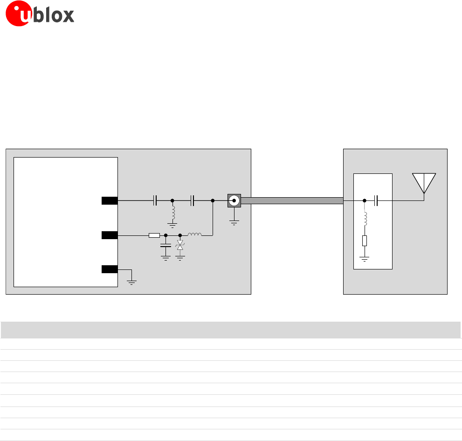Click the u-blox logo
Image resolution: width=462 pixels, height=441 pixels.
click(x=40, y=15)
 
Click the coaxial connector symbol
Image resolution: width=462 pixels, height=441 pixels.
click(x=234, y=201)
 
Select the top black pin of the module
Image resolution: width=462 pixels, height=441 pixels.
click(x=110, y=201)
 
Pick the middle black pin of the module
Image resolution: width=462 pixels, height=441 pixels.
click(x=110, y=235)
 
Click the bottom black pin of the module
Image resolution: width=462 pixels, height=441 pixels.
click(x=110, y=269)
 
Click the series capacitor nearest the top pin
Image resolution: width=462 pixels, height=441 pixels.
click(x=156, y=201)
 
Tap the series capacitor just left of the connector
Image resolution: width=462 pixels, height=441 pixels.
click(x=192, y=201)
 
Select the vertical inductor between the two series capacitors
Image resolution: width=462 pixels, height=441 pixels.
click(x=172, y=214)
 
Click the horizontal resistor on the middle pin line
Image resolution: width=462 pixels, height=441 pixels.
click(x=154, y=235)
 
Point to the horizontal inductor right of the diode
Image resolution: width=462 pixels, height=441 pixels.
click(x=194, y=234)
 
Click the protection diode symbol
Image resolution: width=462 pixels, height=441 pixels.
click(x=180, y=245)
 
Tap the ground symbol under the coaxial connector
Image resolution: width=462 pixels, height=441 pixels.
click(x=234, y=222)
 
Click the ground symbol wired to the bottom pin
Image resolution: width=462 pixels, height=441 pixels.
click(x=132, y=282)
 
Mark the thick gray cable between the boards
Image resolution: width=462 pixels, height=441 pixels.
click(x=292, y=201)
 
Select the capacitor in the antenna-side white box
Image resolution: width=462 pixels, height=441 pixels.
click(x=377, y=201)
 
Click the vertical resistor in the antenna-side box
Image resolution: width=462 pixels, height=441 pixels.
click(x=365, y=241)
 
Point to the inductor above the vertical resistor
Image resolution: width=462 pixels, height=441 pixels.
click(x=365, y=219)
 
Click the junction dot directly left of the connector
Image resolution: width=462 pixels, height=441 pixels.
click(x=213, y=201)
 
